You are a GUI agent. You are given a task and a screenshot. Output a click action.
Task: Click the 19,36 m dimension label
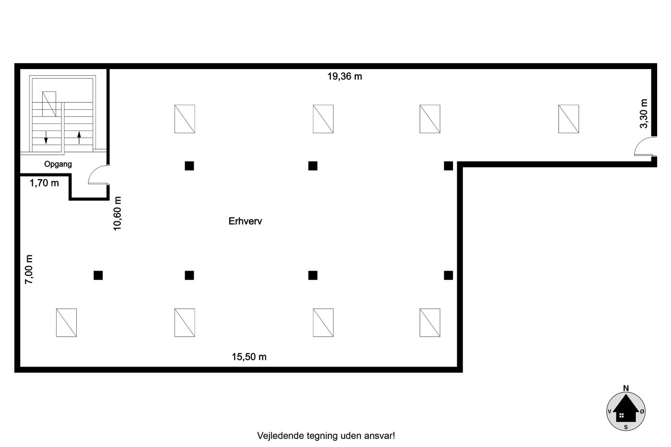pos(345,76)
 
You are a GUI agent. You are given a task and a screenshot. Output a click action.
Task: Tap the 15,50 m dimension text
pos(249,357)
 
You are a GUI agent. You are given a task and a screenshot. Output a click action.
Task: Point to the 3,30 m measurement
pos(644,114)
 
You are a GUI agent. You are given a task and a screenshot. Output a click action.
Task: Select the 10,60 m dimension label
pos(117,213)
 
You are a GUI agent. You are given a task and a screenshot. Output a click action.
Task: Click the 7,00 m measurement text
pos(29,269)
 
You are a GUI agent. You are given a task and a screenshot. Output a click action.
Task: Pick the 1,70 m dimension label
pos(44,183)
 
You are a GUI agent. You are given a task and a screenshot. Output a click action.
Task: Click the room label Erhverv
pos(245,221)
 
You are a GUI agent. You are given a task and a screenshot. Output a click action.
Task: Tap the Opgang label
pos(58,164)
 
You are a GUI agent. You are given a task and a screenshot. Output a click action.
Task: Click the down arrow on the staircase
pos(46,137)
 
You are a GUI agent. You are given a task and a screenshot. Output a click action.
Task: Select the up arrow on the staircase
pos(79,137)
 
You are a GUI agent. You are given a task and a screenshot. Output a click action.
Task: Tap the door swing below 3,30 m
pos(644,146)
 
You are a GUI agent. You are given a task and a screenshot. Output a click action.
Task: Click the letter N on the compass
pos(626,388)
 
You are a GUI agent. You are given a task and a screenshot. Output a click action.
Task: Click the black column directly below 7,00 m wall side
pos(98,275)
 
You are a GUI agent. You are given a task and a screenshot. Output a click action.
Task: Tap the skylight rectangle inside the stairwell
pos(49,104)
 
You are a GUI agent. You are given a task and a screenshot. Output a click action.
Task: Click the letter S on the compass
pos(626,427)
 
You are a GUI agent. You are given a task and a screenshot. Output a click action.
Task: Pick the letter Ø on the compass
pos(642,412)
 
